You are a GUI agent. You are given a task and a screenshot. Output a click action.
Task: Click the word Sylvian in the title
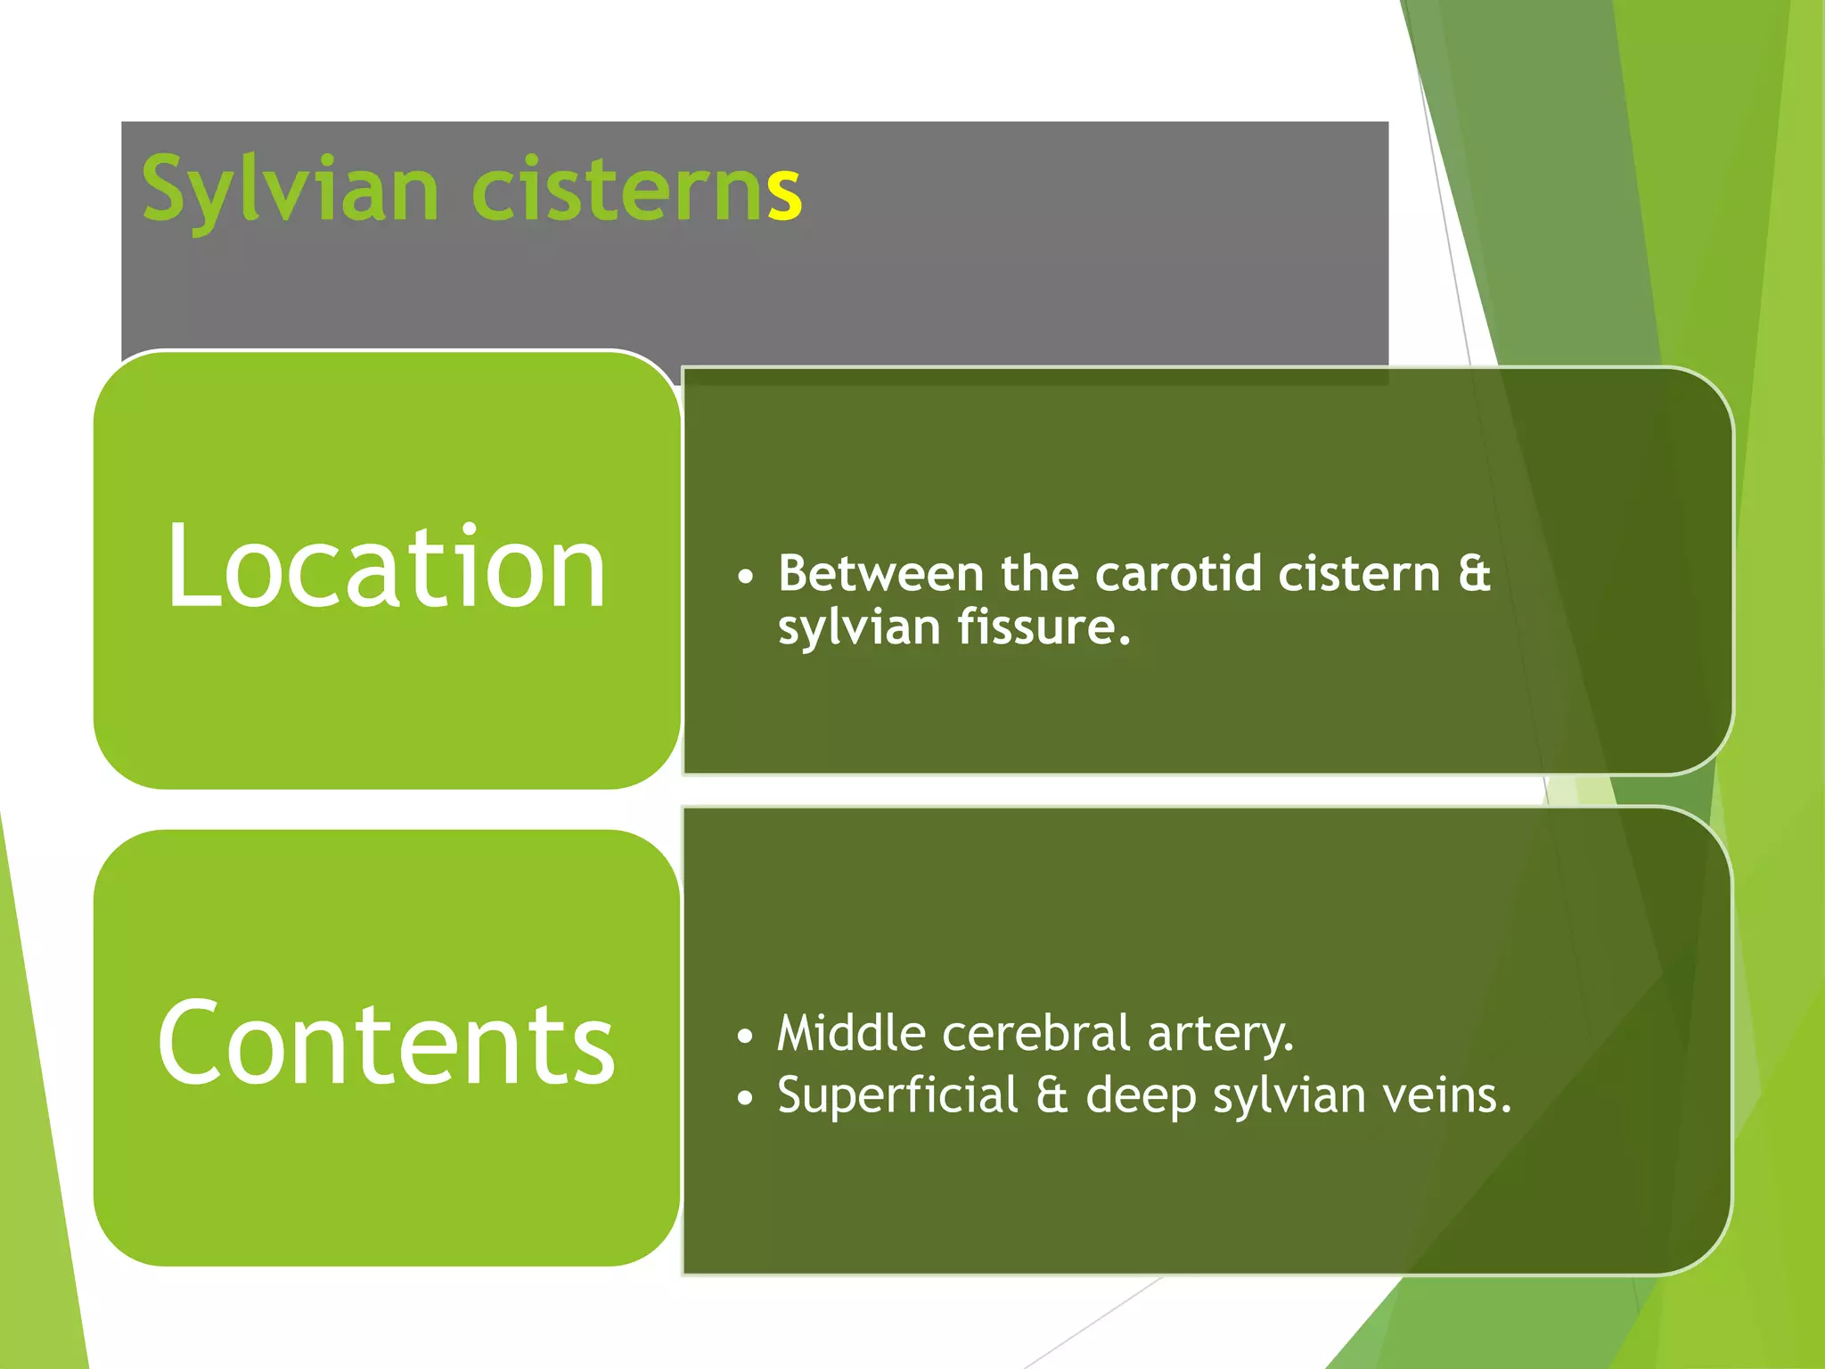pyautogui.click(x=290, y=190)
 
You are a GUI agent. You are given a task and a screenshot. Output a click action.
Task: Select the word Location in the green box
pyautogui.click(x=386, y=568)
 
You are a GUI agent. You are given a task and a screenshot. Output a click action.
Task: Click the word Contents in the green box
pyautogui.click(x=386, y=1043)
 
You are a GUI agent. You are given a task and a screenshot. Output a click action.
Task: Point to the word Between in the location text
pyautogui.click(x=880, y=573)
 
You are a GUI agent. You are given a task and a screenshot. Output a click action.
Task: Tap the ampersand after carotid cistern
pyautogui.click(x=1474, y=573)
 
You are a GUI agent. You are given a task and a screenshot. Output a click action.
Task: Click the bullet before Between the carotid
pyautogui.click(x=746, y=577)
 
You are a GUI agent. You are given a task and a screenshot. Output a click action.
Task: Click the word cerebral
pyautogui.click(x=1035, y=1034)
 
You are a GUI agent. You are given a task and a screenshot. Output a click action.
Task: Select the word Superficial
pyautogui.click(x=897, y=1095)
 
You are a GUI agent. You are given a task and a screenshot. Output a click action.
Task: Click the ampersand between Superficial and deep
pyautogui.click(x=1052, y=1095)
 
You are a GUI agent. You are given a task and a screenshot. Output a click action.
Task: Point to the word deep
pyautogui.click(x=1141, y=1097)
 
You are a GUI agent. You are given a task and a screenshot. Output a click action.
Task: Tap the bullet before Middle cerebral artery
pyautogui.click(x=746, y=1037)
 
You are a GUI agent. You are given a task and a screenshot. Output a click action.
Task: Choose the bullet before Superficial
pyautogui.click(x=746, y=1099)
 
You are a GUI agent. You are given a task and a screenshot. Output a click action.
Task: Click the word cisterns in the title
pyautogui.click(x=635, y=190)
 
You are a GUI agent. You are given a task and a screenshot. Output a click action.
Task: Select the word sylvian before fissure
pyautogui.click(x=859, y=628)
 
